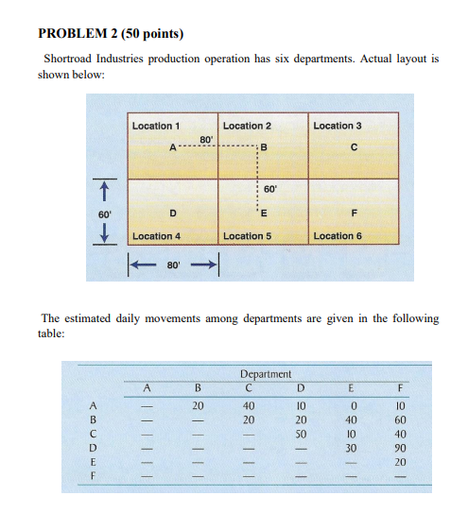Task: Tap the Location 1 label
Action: click(156, 126)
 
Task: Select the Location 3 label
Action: click(338, 126)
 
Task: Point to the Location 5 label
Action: click(247, 235)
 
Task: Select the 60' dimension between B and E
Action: click(269, 189)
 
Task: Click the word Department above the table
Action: click(266, 374)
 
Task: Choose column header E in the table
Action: click(351, 386)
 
